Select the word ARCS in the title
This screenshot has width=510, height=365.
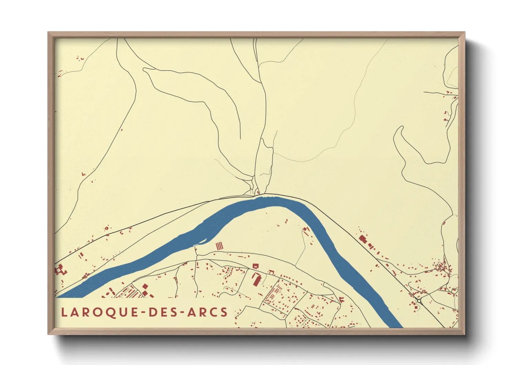pyautogui.click(x=207, y=312)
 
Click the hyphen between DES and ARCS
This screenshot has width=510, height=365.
pyautogui.click(x=182, y=313)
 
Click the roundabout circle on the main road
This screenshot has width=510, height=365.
pyautogui.click(x=419, y=301)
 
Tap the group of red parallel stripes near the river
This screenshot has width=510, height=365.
pyautogui.click(x=220, y=246)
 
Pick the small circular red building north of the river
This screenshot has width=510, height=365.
pyautogui.click(x=106, y=228)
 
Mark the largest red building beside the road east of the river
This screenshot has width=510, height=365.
pyautogui.click(x=362, y=239)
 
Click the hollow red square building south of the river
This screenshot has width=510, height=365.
pyautogui.click(x=255, y=266)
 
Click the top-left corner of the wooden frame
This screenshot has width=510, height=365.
pyautogui.click(x=49, y=33)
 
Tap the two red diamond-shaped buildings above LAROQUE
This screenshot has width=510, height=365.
pyautogui.click(x=145, y=290)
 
